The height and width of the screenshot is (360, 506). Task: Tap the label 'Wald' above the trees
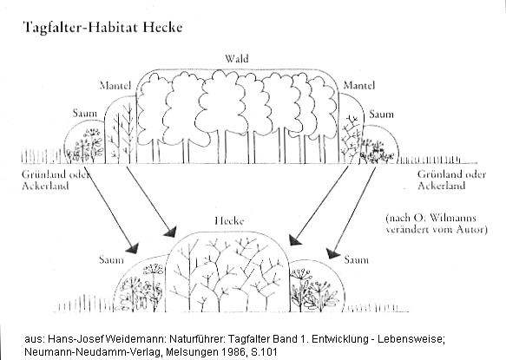(x=237, y=58)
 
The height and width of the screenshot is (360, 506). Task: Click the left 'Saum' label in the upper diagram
(x=84, y=113)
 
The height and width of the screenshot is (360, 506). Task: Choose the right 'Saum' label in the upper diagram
(x=381, y=114)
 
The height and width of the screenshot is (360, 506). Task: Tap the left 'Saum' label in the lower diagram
(x=111, y=259)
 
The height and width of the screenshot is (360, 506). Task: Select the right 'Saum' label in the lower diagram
(x=356, y=259)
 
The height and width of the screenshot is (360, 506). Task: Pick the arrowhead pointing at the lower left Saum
(x=131, y=249)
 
